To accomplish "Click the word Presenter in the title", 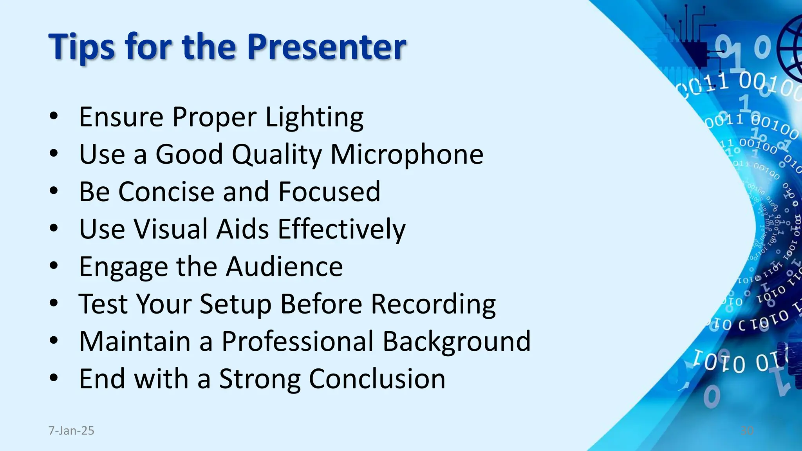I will (326, 47).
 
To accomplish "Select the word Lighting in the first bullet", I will (314, 117).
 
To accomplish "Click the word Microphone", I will (407, 154).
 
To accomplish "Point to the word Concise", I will (167, 192).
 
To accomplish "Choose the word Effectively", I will (341, 229).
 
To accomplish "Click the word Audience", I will (284, 267).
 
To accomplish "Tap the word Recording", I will (433, 304).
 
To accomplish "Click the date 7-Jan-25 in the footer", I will (71, 431).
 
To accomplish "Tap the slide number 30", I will (747, 431).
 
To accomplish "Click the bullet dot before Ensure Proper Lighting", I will (54, 116).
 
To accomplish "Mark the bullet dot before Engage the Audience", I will (54, 266).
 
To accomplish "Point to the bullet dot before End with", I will (54, 378).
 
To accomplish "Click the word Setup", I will (235, 304).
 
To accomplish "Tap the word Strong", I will (260, 379).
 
